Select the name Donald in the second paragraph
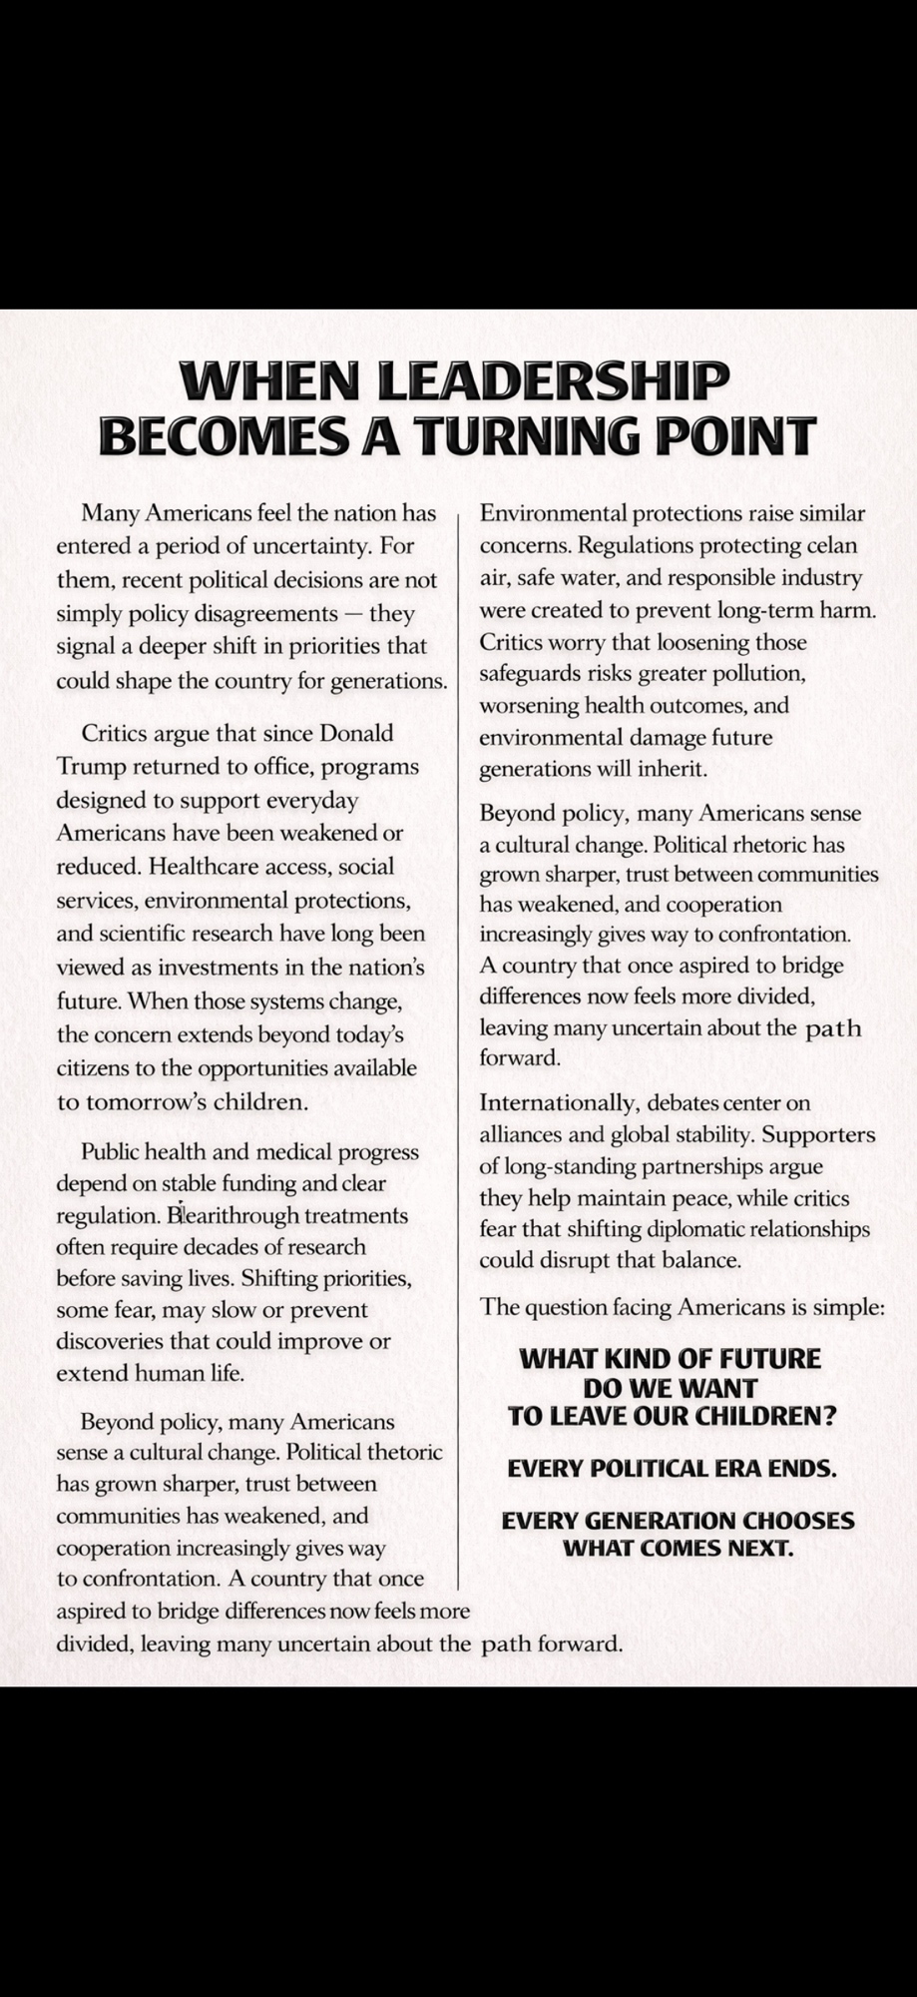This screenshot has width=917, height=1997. (355, 734)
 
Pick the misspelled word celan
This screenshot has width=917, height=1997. (831, 546)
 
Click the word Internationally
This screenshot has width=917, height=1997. (559, 1103)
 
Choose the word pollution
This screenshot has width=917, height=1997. (755, 673)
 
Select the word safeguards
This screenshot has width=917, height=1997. (530, 673)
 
